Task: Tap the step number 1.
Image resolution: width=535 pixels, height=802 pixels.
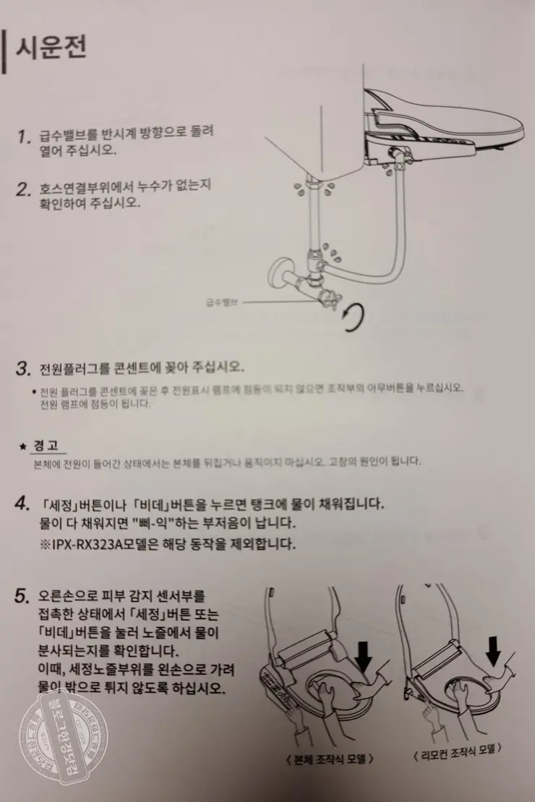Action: pyautogui.click(x=24, y=137)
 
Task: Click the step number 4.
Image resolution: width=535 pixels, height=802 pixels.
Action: pyautogui.click(x=22, y=504)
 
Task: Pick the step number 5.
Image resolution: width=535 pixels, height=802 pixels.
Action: pyautogui.click(x=22, y=597)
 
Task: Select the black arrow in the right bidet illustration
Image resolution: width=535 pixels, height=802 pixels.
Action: pyautogui.click(x=495, y=650)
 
